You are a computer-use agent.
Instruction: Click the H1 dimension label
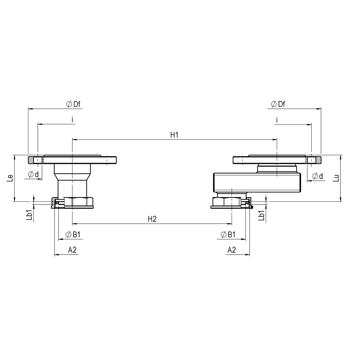point(174,135)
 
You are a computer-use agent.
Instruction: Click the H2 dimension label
point(152,219)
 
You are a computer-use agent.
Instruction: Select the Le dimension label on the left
point(10,178)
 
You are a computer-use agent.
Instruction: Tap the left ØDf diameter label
point(73,104)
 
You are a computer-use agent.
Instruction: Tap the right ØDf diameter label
point(278,104)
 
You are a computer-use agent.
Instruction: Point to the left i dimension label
point(72,120)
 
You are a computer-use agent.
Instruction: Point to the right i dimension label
point(276,120)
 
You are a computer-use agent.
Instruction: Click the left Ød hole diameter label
point(33,175)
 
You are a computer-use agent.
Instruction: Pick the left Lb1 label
point(29,215)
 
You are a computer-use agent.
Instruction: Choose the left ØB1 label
point(73,234)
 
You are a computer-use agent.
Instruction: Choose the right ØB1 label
point(228,234)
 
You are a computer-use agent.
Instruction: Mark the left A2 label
point(72,250)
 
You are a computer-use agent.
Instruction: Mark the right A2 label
point(232,250)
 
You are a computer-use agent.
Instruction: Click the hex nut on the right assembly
point(226,202)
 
